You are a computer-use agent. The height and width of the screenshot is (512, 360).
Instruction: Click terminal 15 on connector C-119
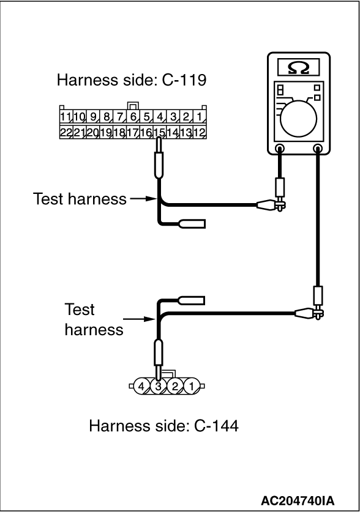click(x=160, y=132)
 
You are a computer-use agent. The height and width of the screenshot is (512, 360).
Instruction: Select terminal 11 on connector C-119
click(x=66, y=117)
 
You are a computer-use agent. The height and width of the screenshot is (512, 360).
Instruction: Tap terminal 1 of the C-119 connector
click(x=199, y=117)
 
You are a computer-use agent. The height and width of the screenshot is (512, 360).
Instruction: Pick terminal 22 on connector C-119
click(x=66, y=132)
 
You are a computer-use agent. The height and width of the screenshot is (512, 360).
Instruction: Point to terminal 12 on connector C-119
click(x=199, y=132)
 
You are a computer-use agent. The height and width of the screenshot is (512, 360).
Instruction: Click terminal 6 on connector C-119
click(x=133, y=117)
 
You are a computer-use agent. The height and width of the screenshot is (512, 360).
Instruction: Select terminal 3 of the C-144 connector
click(x=158, y=386)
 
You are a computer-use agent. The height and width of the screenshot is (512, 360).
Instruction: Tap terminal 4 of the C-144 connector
click(x=141, y=386)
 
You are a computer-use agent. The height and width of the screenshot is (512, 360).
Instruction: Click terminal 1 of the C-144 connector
click(x=192, y=386)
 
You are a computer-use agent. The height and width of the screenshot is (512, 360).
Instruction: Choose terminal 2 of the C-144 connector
click(x=175, y=386)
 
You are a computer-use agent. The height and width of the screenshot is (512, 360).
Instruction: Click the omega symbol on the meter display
click(x=298, y=68)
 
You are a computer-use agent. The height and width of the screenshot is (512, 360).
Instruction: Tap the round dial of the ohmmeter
click(x=298, y=118)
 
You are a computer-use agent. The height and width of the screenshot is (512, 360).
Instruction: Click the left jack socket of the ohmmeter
click(x=280, y=149)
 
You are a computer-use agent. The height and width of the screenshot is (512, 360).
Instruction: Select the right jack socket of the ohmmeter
click(x=317, y=149)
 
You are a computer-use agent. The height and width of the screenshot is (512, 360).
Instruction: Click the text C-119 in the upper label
click(x=184, y=80)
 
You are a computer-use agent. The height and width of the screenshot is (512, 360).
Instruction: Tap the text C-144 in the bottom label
click(x=216, y=426)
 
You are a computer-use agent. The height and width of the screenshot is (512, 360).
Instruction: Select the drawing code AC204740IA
click(x=298, y=500)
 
